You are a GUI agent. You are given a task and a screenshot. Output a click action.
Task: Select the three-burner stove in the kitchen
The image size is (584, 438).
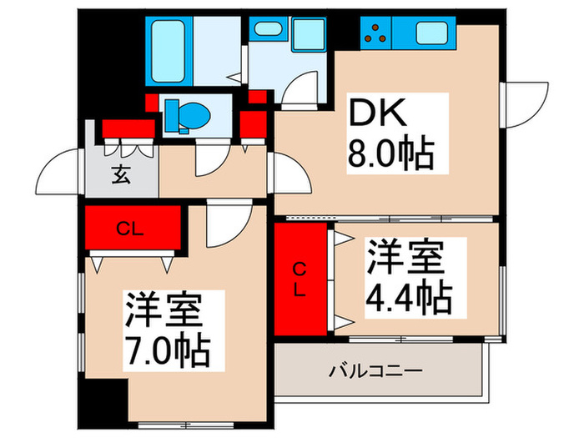[375, 34]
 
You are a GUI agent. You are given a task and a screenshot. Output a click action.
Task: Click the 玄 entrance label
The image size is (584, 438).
[120, 176]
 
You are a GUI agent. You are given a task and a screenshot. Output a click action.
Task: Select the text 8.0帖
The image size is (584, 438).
[388, 154]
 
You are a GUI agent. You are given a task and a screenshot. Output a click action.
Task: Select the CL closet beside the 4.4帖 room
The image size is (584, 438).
[300, 278]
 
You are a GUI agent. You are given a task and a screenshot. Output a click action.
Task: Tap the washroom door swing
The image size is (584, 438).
[296, 86]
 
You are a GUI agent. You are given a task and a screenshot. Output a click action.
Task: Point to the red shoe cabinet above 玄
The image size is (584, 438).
[129, 128]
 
